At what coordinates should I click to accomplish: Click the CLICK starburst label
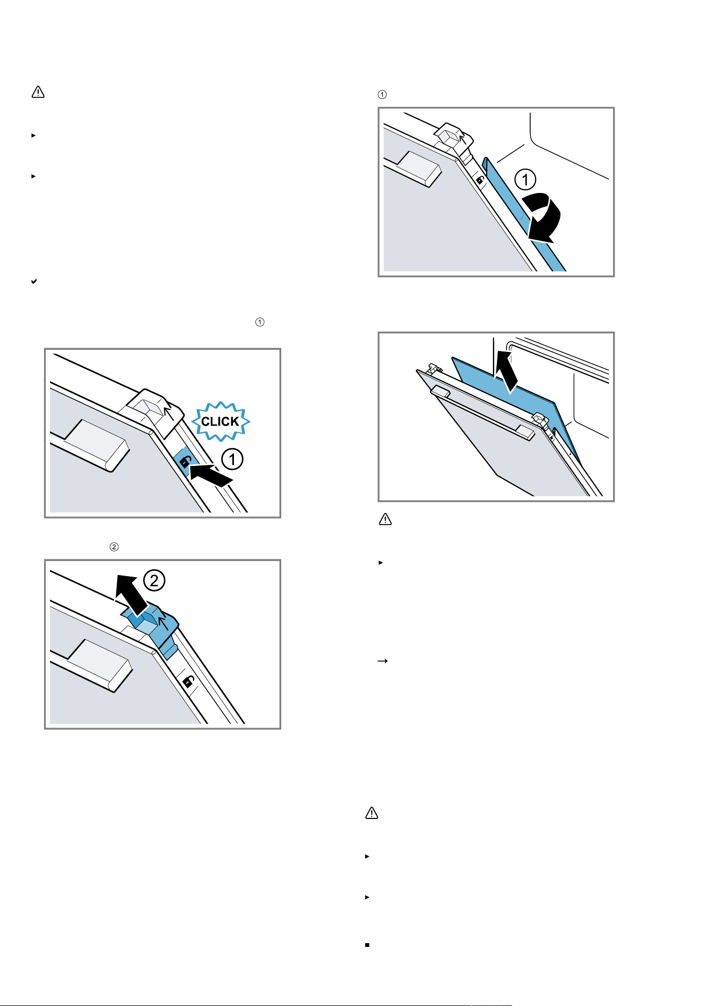tap(220, 421)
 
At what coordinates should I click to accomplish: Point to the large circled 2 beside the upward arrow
tap(154, 580)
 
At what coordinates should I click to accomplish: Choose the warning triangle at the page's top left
tap(38, 92)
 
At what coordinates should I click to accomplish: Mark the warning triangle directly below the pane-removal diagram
tap(385, 520)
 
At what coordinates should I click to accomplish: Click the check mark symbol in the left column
tap(34, 281)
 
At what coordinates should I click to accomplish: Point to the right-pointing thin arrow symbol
tap(383, 662)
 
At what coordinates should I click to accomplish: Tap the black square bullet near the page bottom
tap(367, 944)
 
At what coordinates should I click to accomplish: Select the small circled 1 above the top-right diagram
tap(382, 95)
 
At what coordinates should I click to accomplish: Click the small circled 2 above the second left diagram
tap(114, 547)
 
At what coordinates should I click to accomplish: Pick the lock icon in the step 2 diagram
tap(188, 682)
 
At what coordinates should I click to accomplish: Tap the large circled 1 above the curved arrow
tap(525, 179)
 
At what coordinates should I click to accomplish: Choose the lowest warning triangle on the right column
tap(372, 813)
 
